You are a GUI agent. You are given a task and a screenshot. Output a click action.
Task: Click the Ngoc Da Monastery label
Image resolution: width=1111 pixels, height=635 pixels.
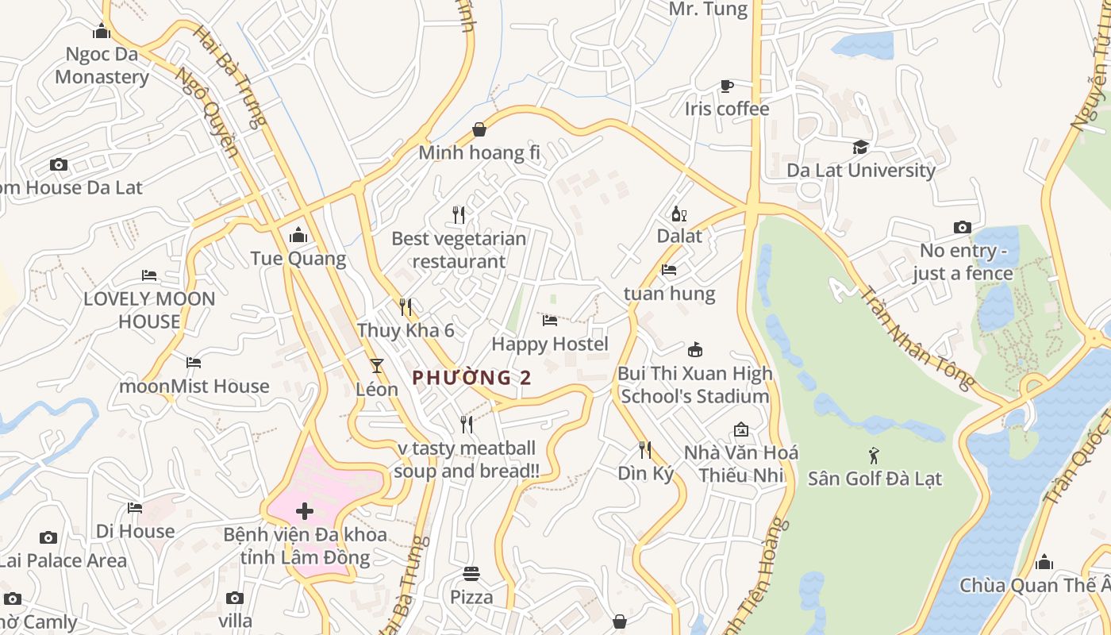click(102, 66)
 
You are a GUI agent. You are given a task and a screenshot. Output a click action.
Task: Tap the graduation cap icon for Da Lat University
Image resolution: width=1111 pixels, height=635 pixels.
click(860, 147)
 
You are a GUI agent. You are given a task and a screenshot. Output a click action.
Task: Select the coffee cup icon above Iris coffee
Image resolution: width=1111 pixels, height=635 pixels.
click(726, 86)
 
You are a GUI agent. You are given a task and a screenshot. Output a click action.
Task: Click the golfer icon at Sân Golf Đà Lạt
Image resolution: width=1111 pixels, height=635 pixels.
click(874, 456)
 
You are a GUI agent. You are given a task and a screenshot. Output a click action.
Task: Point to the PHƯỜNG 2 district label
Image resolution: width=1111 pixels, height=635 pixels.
click(472, 378)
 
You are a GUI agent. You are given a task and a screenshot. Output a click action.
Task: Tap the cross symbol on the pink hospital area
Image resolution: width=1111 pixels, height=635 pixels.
click(305, 511)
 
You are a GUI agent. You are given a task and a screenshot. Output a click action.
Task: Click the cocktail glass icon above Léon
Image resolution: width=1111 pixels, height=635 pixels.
click(376, 366)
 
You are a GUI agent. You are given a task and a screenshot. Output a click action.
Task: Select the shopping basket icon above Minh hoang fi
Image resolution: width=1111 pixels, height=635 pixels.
click(479, 129)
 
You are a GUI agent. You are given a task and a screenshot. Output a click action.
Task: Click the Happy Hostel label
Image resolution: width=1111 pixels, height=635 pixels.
click(550, 344)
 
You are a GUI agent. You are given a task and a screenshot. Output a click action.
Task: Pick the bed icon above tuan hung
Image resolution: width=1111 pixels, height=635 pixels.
click(669, 270)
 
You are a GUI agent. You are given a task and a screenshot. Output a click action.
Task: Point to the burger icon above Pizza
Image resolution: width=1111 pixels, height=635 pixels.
click(471, 573)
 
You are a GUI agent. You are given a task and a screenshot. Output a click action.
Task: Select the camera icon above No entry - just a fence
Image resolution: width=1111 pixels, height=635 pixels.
click(962, 228)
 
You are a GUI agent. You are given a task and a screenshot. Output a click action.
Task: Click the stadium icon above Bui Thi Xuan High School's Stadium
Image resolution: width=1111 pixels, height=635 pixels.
click(695, 350)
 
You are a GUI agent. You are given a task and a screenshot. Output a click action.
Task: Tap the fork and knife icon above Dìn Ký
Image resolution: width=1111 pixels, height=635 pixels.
click(645, 450)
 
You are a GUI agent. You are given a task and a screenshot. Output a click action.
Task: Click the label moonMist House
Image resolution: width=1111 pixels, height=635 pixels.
click(194, 387)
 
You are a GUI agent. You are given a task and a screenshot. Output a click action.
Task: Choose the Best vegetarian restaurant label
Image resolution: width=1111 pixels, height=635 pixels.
click(459, 250)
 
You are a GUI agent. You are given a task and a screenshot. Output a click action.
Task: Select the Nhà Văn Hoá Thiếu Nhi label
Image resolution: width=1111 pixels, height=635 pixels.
click(741, 464)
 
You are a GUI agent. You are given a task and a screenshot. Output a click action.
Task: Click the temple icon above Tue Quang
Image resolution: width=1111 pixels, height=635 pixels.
click(298, 235)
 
